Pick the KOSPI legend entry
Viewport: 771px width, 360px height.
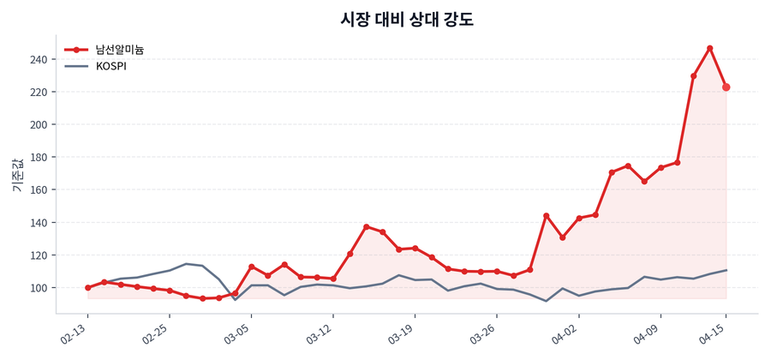tap(111, 66)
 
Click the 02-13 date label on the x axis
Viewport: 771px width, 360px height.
tap(76, 331)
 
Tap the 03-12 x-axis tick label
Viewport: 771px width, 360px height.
tap(320, 331)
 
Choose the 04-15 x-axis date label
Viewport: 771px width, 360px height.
tap(714, 331)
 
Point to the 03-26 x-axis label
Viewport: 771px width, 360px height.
tap(484, 331)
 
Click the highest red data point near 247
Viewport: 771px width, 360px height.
tap(710, 48)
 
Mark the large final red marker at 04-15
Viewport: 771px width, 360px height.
tap(726, 87)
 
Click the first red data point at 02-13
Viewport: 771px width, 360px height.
tap(87, 288)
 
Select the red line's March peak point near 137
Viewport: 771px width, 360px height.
tap(366, 227)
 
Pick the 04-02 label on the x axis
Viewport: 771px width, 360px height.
tap(566, 331)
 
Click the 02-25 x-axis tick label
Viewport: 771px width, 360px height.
tap(158, 331)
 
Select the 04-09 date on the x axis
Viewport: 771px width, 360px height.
tap(648, 331)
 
